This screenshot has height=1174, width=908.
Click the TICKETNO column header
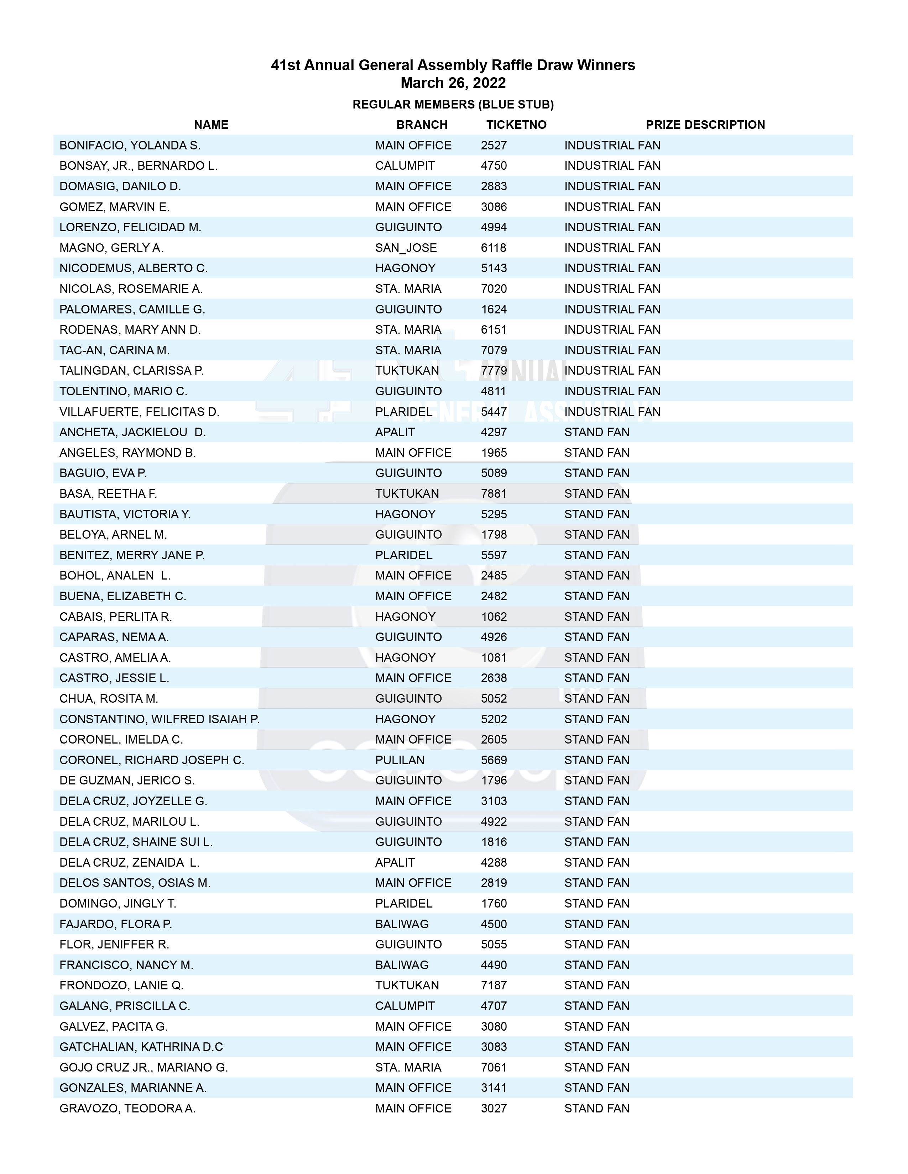516,125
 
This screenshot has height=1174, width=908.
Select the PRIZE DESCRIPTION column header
705,125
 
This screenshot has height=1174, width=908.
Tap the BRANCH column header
422,125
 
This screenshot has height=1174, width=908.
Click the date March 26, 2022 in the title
453,83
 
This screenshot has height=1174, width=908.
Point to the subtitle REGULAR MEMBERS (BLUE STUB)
453,104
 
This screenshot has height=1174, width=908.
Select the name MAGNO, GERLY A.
111,248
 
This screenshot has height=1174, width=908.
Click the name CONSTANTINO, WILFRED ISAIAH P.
159,719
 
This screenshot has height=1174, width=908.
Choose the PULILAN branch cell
400,760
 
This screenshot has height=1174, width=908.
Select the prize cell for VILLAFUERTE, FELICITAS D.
612,412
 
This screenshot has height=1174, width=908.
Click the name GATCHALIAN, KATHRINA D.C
141,1047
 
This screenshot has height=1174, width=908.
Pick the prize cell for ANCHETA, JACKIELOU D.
596,432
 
